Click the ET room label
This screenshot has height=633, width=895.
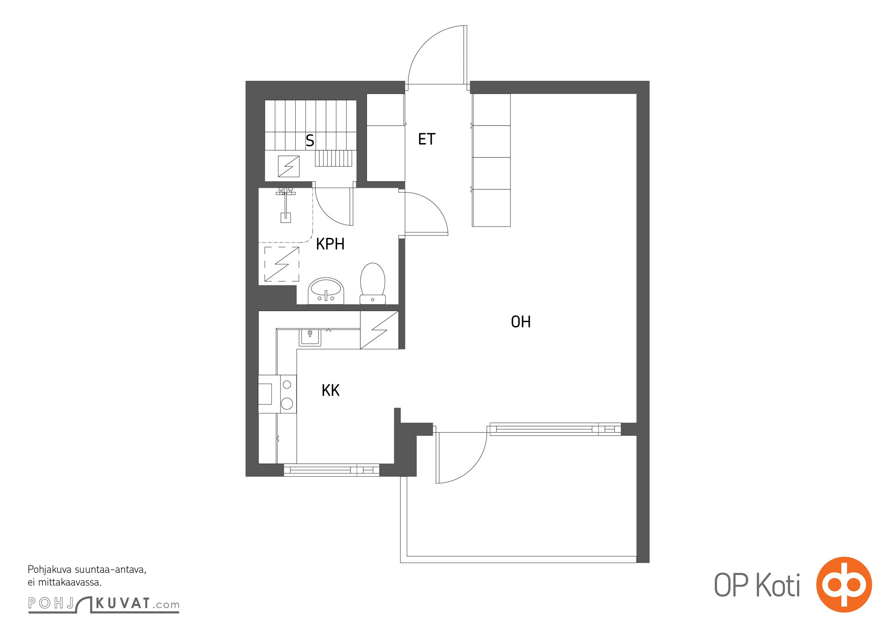427,139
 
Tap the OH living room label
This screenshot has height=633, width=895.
521,322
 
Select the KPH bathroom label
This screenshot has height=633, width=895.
330,244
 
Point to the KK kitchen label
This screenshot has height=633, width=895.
330,390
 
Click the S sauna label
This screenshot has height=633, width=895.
310,141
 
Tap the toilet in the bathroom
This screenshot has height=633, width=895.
373,284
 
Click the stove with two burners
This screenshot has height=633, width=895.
288,394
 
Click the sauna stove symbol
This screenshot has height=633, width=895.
288,166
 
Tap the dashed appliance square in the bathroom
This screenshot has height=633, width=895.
282,264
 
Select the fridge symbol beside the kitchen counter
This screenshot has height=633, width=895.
379,330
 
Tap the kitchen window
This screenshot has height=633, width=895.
332,470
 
